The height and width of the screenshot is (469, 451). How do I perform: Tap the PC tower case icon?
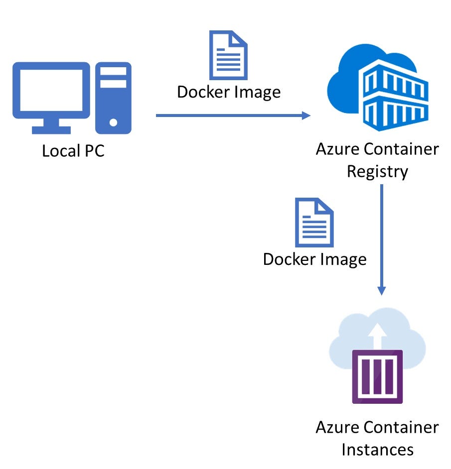pyautogui.click(x=113, y=98)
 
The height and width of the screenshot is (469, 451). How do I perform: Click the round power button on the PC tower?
pyautogui.click(x=114, y=121)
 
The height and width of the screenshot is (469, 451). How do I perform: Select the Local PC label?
pyautogui.click(x=73, y=151)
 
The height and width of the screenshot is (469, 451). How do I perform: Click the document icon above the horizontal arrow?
pyautogui.click(x=228, y=55)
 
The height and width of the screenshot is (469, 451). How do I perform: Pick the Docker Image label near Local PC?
pyautogui.click(x=229, y=92)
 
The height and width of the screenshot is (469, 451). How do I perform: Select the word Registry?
pyautogui.click(x=377, y=171)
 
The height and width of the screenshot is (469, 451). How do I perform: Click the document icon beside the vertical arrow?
pyautogui.click(x=314, y=223)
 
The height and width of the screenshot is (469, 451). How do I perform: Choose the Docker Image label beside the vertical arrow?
pyautogui.click(x=314, y=259)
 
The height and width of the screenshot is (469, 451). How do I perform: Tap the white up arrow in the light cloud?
pyautogui.click(x=378, y=335)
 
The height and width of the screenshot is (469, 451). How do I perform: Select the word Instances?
pyautogui.click(x=377, y=450)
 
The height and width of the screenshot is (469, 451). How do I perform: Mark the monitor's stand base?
pyautogui.click(x=51, y=130)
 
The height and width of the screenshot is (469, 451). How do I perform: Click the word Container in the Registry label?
pyautogui.click(x=401, y=149)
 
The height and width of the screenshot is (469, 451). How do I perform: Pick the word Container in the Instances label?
pyautogui.click(x=401, y=427)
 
